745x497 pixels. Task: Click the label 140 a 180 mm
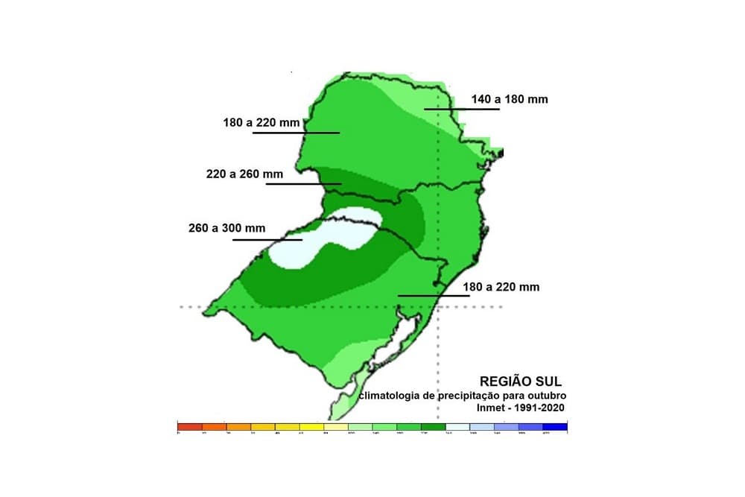[510, 98]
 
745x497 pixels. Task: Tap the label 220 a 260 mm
[244, 174]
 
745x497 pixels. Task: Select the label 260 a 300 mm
[226, 229]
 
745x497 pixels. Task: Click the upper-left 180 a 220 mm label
[261, 122]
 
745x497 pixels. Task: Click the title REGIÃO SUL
[520, 382]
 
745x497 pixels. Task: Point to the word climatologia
[390, 396]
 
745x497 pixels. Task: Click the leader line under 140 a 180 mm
[461, 110]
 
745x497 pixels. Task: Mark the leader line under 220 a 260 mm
[303, 183]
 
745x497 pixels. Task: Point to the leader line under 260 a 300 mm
[267, 240]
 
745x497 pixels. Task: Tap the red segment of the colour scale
[189, 427]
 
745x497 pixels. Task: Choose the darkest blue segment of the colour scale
[555, 427]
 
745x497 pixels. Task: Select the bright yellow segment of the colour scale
[311, 427]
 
